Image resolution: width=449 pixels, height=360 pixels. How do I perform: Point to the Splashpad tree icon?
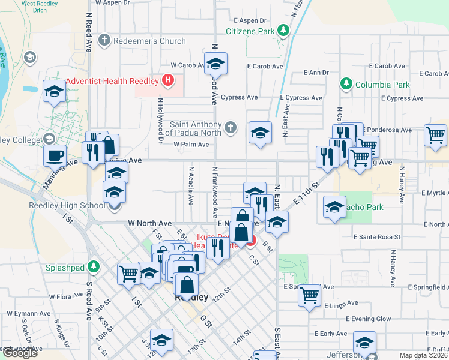tap(93, 266)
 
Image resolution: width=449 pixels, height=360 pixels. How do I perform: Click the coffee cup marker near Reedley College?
tap(55, 155)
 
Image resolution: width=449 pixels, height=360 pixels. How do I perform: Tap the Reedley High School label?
tap(67, 205)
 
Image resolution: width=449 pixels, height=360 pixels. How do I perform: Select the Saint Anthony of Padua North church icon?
tap(231, 127)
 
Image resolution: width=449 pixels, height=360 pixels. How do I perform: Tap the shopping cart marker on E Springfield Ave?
tap(309, 294)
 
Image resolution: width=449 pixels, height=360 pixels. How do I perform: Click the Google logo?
tap(19, 353)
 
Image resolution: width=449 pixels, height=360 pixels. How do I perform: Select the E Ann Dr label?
tap(317, 73)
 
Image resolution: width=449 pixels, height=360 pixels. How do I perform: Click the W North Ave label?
tap(150, 223)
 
